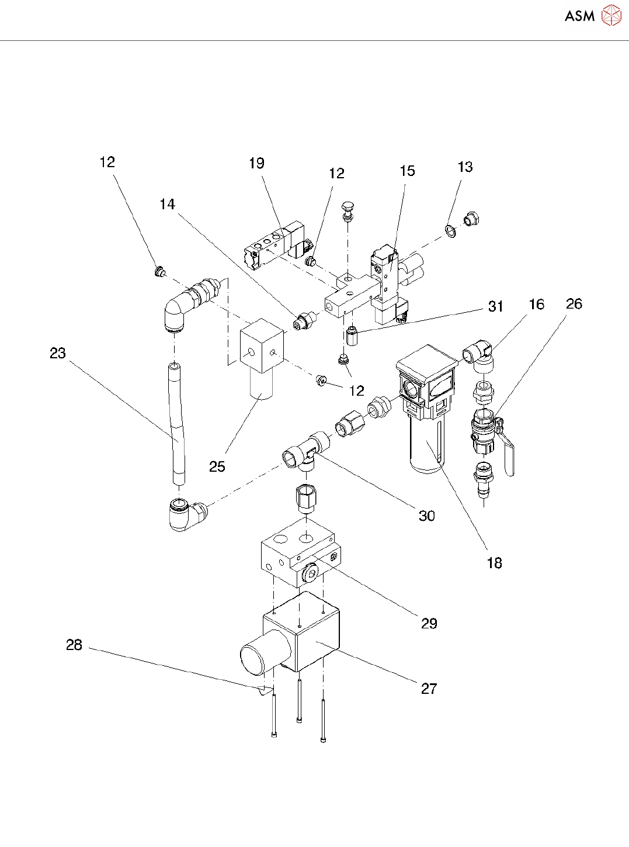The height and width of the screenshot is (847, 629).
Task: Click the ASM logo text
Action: pyautogui.click(x=579, y=16)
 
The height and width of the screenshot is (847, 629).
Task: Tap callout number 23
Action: pyautogui.click(x=58, y=353)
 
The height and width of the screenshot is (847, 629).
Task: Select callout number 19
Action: pyautogui.click(x=256, y=164)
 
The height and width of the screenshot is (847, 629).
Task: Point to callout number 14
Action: pyautogui.click(x=167, y=205)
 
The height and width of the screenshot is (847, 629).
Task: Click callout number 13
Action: pyautogui.click(x=465, y=167)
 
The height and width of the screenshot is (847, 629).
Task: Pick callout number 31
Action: pyautogui.click(x=495, y=306)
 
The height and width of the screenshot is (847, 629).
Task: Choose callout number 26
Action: pyautogui.click(x=574, y=304)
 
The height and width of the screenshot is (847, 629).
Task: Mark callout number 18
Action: pyautogui.click(x=495, y=563)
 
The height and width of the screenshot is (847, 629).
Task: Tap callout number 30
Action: pyautogui.click(x=427, y=516)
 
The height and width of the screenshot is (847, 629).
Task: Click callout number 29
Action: pyautogui.click(x=429, y=624)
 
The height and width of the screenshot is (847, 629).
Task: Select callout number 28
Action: pyautogui.click(x=74, y=645)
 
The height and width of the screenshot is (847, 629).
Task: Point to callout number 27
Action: pyautogui.click(x=429, y=689)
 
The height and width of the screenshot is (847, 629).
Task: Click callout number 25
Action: pyautogui.click(x=217, y=466)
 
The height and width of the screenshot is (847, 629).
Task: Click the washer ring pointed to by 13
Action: pyautogui.click(x=451, y=231)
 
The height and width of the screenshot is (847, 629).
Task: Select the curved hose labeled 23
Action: pyautogui.click(x=178, y=424)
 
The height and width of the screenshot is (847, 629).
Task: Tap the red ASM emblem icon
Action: pyautogui.click(x=611, y=16)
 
